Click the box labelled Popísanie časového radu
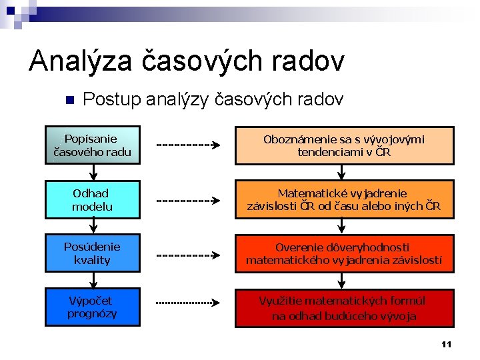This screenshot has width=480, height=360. coord(92,145)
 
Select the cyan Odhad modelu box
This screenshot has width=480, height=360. coord(92,199)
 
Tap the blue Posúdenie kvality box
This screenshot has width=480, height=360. coord(92,253)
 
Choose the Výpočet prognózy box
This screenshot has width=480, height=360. coord(92,307)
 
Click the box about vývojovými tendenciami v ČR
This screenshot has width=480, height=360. coord(344,145)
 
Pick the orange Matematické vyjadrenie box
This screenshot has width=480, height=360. coord(344,199)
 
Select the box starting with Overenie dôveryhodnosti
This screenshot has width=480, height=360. coord(344,253)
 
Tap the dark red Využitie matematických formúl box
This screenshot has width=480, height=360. coord(344,307)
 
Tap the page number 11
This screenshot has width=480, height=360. coord(446,344)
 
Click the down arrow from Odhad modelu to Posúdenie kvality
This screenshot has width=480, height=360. coord(92,227)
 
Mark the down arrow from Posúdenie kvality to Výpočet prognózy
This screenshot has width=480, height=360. coord(92,281)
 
